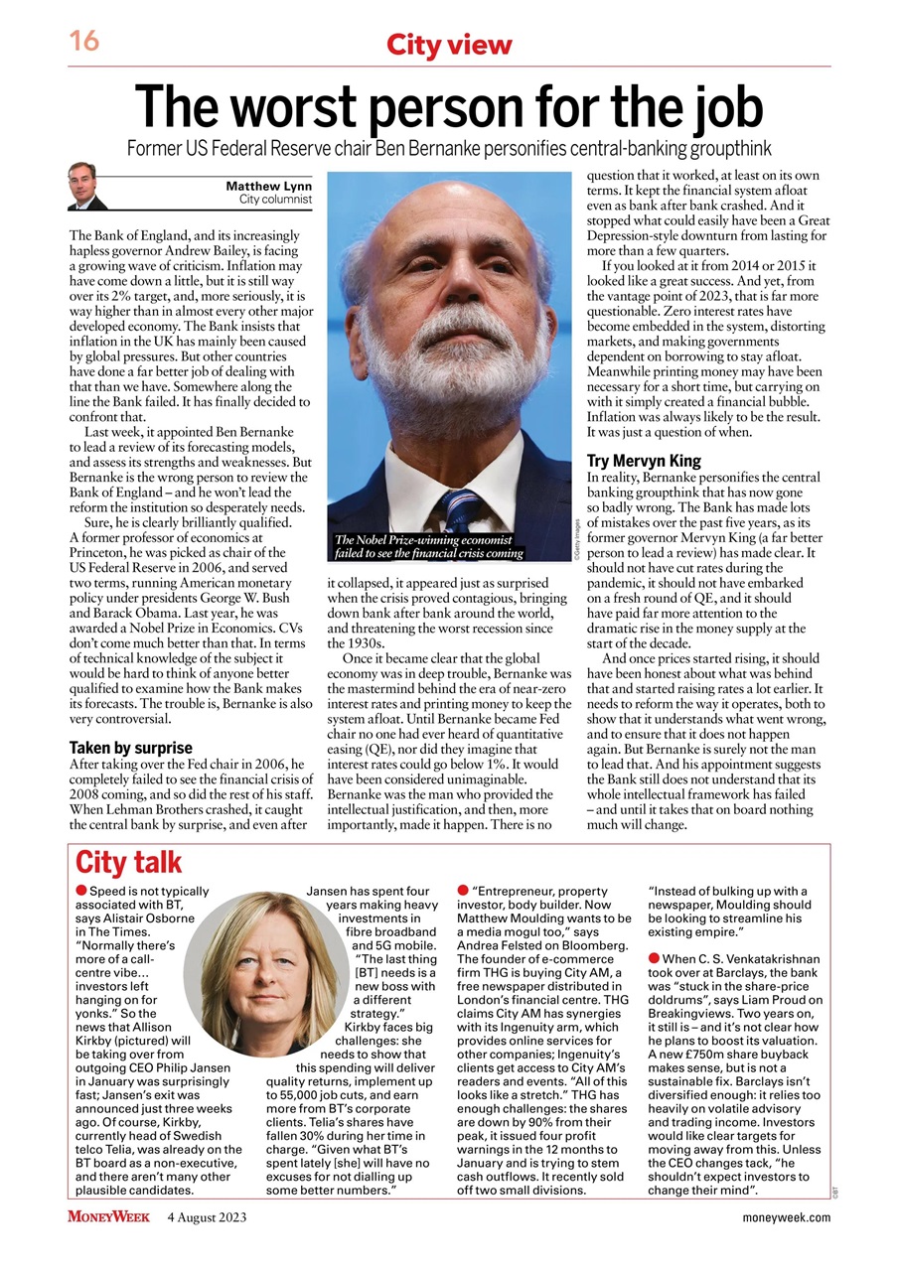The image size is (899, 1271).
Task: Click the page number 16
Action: (x=83, y=42)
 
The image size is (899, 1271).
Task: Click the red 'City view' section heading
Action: (x=449, y=45)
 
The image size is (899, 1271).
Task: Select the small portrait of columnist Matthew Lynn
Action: (x=87, y=187)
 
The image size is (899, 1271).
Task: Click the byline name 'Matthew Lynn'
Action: (x=268, y=186)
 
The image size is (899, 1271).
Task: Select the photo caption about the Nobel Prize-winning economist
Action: (x=429, y=547)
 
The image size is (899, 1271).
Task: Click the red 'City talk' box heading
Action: (x=129, y=862)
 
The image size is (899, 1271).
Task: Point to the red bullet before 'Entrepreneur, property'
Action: (x=464, y=892)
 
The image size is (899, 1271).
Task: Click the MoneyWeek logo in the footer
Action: (x=109, y=1216)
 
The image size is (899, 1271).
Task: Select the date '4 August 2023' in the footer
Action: (x=207, y=1216)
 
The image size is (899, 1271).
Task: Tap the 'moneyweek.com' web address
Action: (x=785, y=1217)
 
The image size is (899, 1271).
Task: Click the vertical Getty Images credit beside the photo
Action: (x=576, y=537)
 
